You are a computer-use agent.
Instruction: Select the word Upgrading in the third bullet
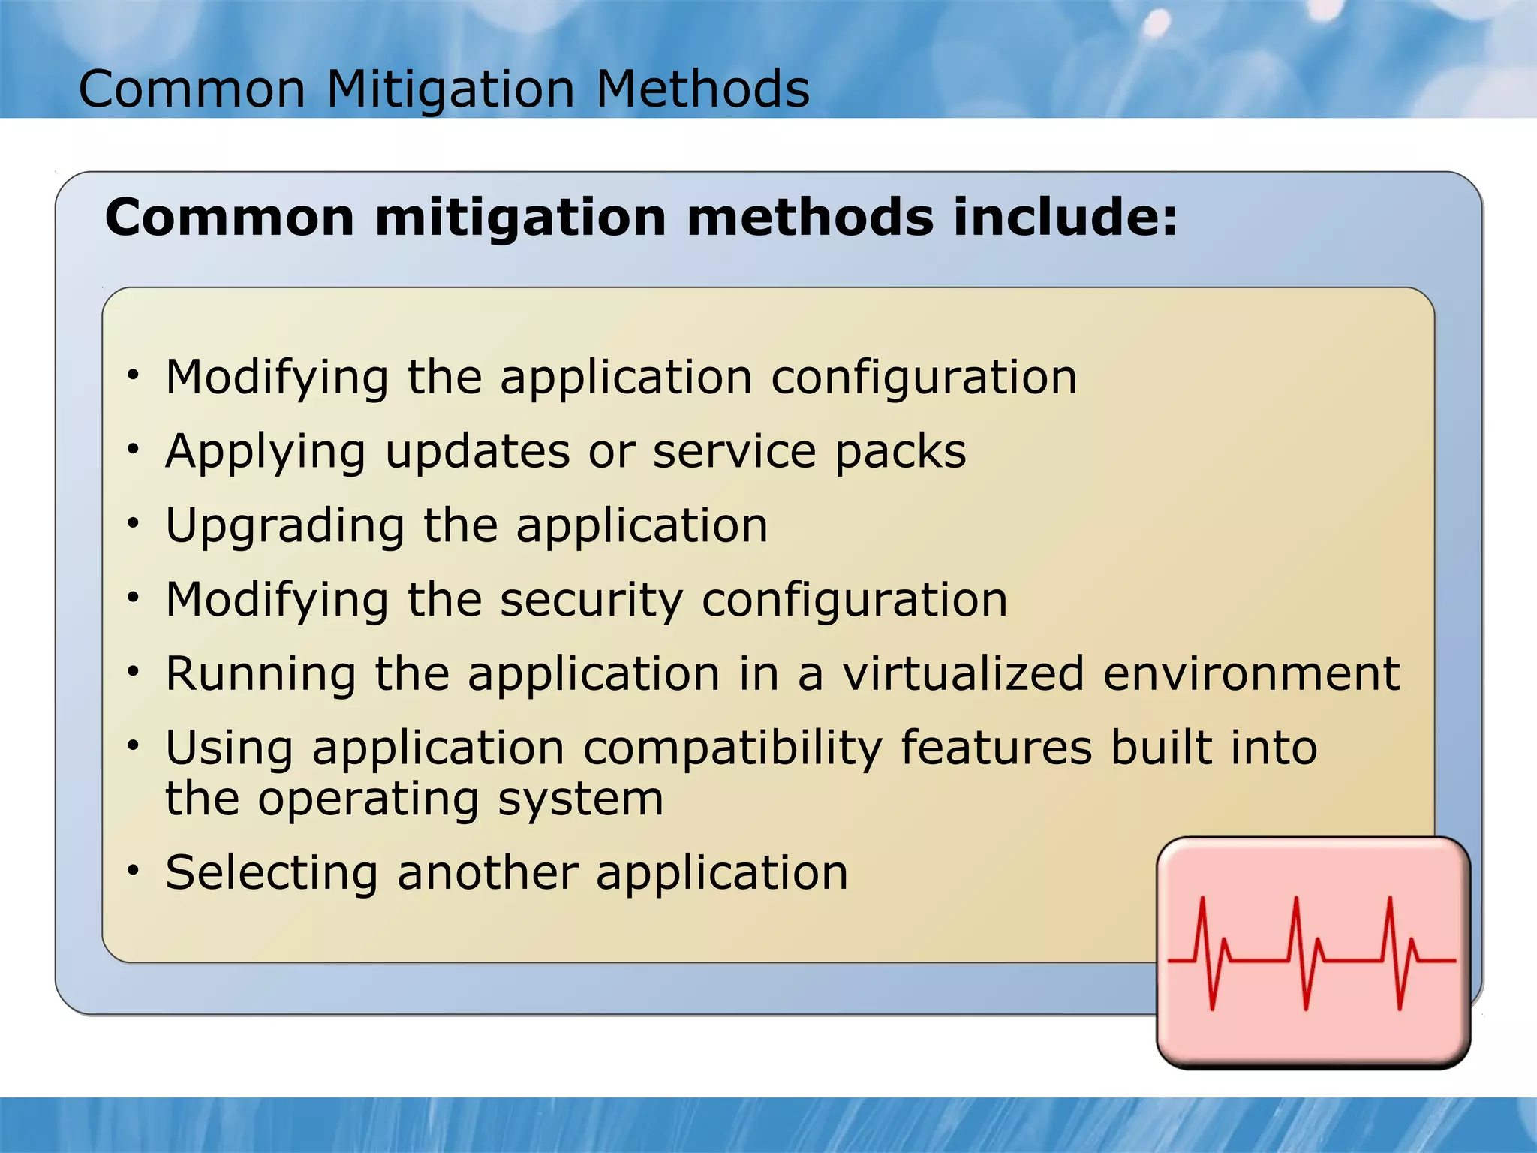pyautogui.click(x=284, y=526)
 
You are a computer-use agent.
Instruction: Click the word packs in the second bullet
pyautogui.click(x=901, y=453)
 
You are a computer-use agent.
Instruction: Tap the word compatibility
pyautogui.click(x=732, y=749)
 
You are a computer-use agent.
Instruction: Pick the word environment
pyautogui.click(x=1251, y=673)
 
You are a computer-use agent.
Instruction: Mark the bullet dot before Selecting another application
pyautogui.click(x=134, y=871)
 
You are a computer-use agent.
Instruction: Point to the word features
pyautogui.click(x=996, y=748)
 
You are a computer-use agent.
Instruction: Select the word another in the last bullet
pyautogui.click(x=487, y=873)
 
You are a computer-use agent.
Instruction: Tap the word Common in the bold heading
pyautogui.click(x=230, y=218)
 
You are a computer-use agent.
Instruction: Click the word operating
pyautogui.click(x=368, y=799)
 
